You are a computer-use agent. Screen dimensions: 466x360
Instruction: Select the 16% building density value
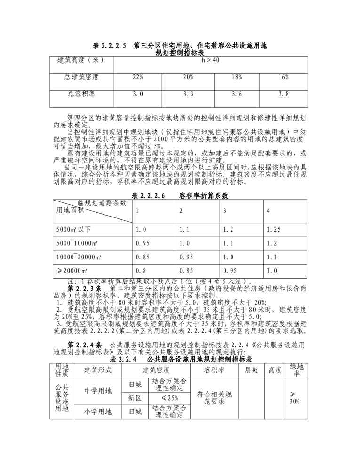[283, 77]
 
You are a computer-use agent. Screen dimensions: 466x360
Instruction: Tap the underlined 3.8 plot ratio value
[283, 94]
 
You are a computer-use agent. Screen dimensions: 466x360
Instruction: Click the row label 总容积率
[81, 94]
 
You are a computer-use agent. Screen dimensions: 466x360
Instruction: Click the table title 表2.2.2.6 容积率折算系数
[180, 195]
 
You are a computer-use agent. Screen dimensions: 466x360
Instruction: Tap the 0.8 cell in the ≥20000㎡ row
[140, 271]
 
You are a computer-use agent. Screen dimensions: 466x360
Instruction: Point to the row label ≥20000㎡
[72, 271]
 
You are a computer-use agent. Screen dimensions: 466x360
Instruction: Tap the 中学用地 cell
[98, 390]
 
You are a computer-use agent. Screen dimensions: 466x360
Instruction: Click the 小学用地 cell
[98, 411]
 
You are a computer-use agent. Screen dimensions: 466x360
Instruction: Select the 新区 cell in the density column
[135, 398]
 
